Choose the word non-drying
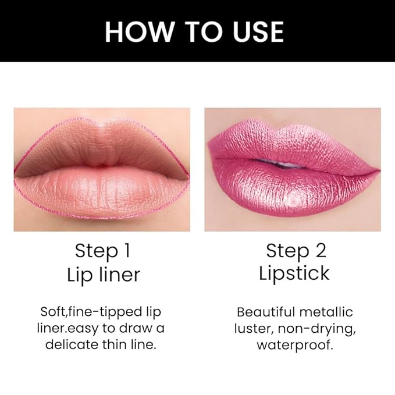click(323, 328)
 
